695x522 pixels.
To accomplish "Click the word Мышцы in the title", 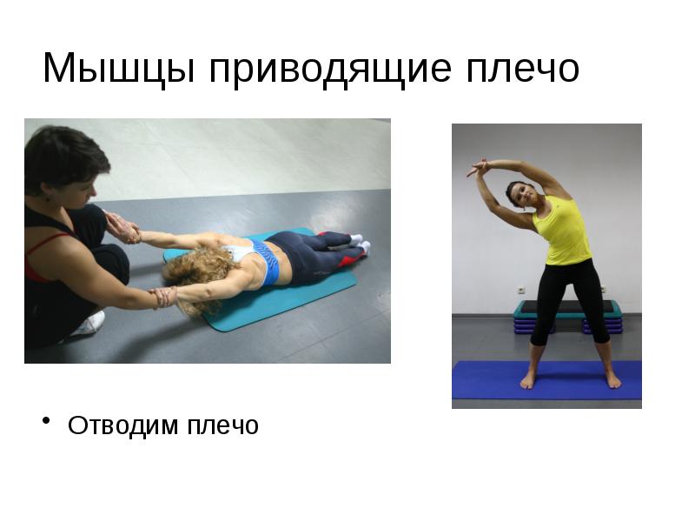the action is (118, 69).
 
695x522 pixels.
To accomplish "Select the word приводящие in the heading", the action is (331, 70).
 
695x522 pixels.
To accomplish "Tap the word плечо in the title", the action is (523, 70).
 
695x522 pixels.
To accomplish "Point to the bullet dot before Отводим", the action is (46, 420).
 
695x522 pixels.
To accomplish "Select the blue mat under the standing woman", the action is (546, 380).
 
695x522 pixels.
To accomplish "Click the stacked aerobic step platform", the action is (567, 317).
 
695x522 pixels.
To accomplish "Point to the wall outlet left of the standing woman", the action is (521, 290).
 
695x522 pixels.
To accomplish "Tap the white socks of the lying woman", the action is (360, 244).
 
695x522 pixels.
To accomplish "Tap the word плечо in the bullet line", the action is (223, 426).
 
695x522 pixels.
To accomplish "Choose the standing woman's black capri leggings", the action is (569, 302).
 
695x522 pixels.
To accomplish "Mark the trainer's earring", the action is (47, 198).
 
